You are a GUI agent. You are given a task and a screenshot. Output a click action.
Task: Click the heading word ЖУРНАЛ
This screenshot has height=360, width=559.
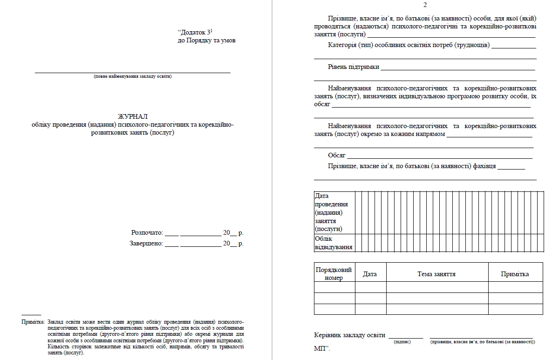[x=132, y=116]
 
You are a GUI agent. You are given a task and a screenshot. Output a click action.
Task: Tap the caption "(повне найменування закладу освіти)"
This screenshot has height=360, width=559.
[x=132, y=76]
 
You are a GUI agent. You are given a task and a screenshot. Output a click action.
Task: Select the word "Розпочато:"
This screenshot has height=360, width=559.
[x=147, y=232]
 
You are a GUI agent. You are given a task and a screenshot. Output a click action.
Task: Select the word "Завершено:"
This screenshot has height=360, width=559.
[x=146, y=243]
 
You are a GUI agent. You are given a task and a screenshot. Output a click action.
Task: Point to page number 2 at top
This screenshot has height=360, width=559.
[x=424, y=5]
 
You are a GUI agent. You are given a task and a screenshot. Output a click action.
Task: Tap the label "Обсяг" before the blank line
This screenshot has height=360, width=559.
[x=336, y=155]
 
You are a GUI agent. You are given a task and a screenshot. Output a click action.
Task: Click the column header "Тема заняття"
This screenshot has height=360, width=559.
[x=436, y=274]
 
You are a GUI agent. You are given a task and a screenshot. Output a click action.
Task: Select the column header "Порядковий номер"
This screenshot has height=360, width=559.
[x=334, y=274]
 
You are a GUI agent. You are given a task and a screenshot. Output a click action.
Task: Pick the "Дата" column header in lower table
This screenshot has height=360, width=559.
[x=370, y=274]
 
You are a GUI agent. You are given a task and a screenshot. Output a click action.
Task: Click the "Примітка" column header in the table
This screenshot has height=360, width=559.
[x=515, y=274]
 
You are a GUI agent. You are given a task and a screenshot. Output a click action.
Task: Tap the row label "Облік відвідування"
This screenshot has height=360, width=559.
[x=334, y=243]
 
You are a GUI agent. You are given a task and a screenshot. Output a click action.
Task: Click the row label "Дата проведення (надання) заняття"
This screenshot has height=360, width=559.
[x=332, y=212]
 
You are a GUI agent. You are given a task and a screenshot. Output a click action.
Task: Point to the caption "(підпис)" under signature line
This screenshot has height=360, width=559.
[x=402, y=342]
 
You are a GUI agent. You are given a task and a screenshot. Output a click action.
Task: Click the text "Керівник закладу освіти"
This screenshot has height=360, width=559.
[x=349, y=335]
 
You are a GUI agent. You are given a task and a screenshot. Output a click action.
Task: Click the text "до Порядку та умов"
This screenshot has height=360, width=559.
[x=206, y=41]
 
